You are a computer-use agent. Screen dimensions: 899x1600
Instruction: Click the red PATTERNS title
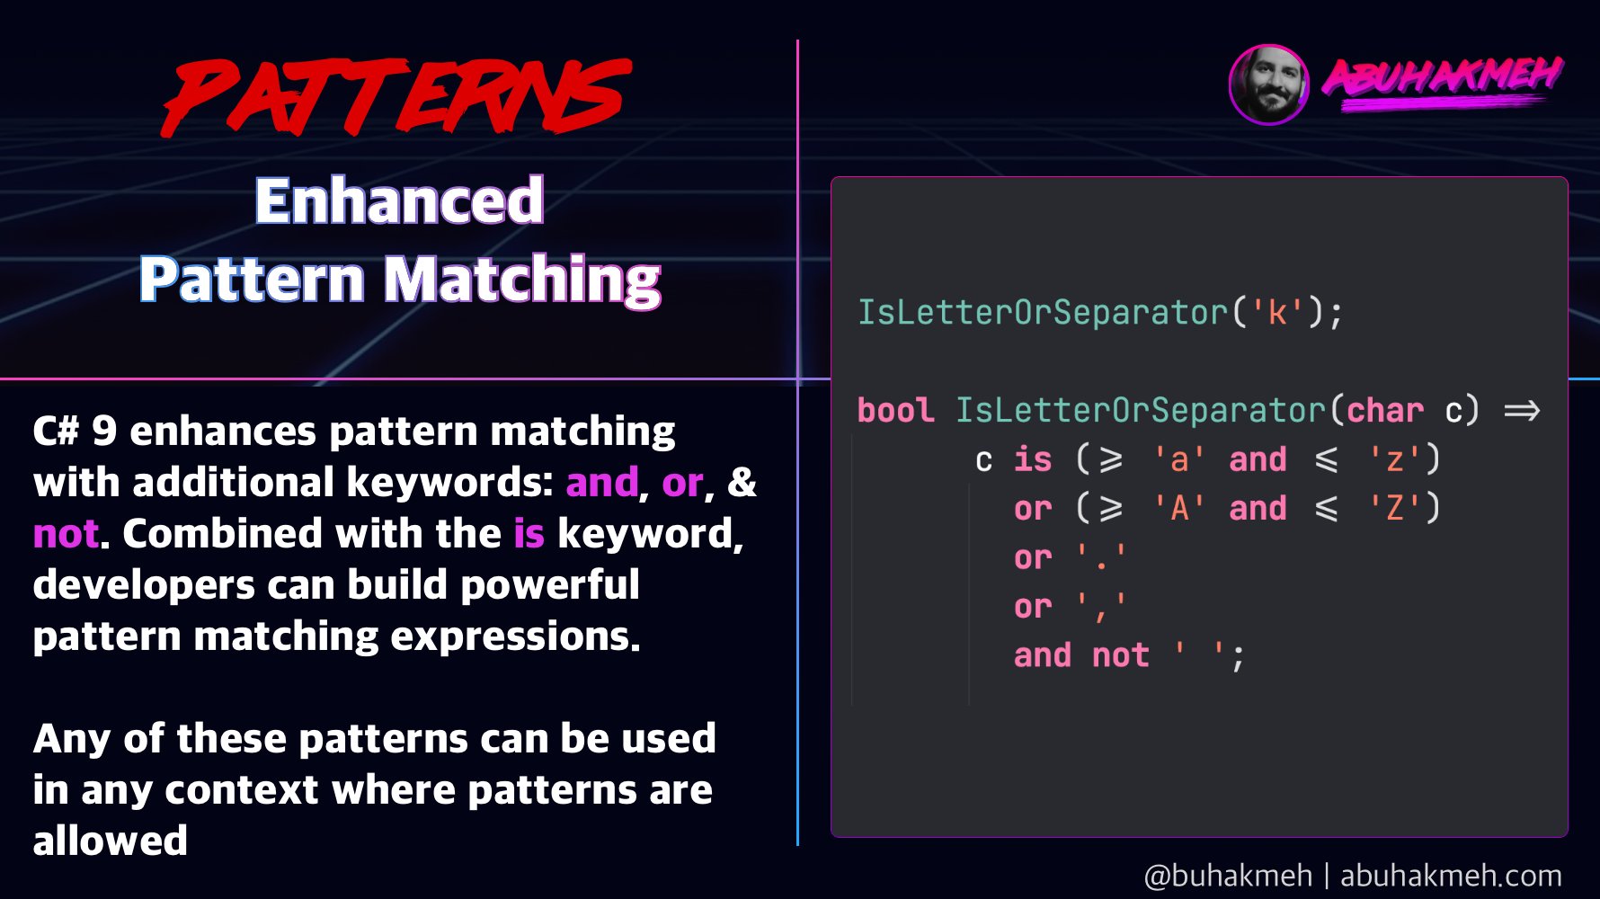[x=396, y=97]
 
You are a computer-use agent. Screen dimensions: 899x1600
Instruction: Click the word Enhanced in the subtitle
[x=400, y=200]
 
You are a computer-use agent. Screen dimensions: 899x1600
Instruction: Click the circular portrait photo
[x=1268, y=85]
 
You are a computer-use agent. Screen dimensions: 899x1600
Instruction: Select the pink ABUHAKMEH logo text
[x=1442, y=79]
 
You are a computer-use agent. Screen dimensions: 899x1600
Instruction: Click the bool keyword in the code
[x=895, y=411]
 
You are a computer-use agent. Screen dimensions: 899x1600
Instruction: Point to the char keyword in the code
[x=1384, y=411]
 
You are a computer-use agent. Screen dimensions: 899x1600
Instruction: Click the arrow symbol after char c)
[x=1522, y=411]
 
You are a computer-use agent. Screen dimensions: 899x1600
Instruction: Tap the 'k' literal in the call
[x=1277, y=313]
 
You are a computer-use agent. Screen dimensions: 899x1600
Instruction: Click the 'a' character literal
[x=1179, y=460]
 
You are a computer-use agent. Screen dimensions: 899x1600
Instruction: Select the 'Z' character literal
[x=1394, y=509]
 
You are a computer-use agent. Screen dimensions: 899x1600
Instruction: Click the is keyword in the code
[x=1033, y=460]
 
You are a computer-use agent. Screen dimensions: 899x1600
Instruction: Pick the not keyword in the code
[x=1120, y=656]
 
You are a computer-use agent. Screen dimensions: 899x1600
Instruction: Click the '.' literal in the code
[x=1101, y=558]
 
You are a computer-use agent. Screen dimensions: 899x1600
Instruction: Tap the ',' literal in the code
[x=1101, y=608]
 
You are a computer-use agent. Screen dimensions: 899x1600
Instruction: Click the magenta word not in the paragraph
[x=65, y=534]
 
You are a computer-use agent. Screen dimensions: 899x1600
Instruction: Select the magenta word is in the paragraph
[x=529, y=534]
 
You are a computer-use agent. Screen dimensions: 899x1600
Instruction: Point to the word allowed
[x=110, y=841]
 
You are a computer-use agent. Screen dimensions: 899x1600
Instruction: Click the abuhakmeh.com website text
[x=1450, y=876]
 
